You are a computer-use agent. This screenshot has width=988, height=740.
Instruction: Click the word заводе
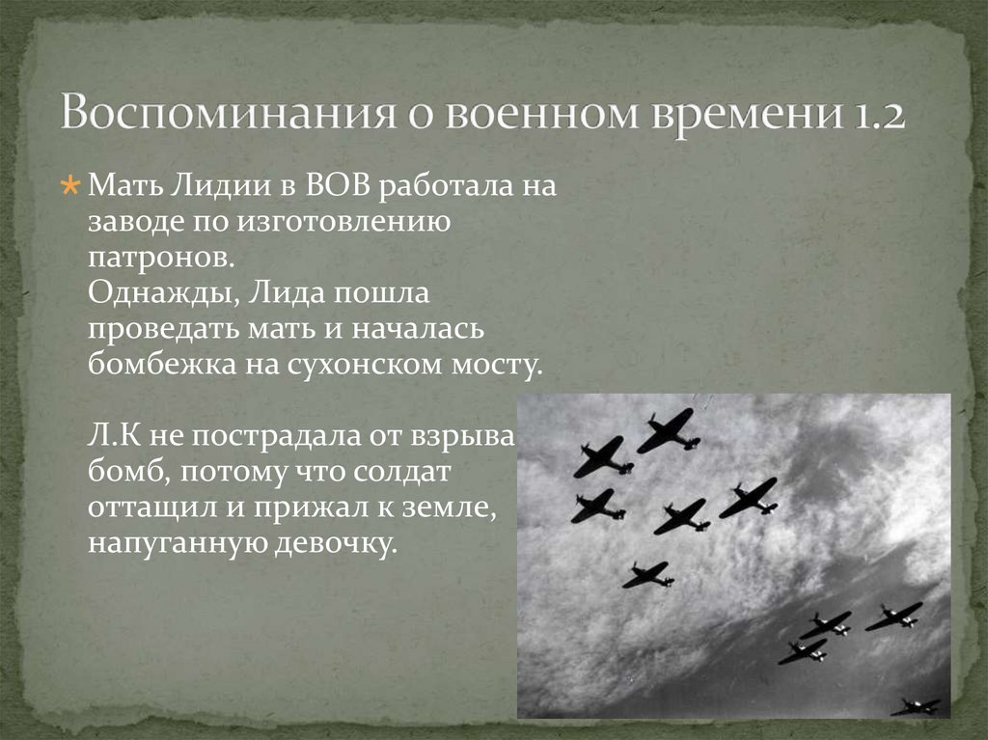(141, 221)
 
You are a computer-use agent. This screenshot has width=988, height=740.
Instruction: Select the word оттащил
(149, 508)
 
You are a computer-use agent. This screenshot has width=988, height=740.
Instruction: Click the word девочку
(337, 543)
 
